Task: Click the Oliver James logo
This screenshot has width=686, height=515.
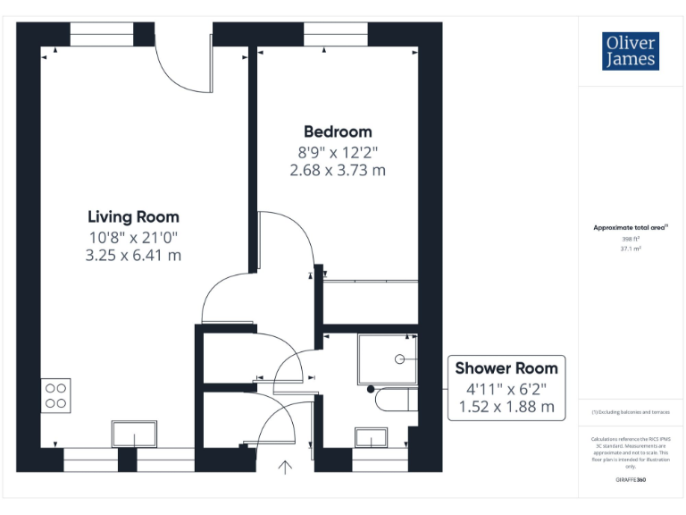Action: click(631, 51)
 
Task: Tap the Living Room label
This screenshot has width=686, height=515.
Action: click(133, 216)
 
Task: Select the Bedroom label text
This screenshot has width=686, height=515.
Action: click(338, 131)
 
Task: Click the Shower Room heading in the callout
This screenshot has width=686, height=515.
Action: click(506, 367)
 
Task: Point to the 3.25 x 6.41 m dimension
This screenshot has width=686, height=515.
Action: click(133, 255)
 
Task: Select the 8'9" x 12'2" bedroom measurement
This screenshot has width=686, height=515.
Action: click(338, 151)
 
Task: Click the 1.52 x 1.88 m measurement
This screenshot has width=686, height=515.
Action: click(506, 407)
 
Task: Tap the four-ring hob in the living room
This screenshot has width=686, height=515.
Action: click(56, 395)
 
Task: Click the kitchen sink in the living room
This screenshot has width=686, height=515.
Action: click(134, 435)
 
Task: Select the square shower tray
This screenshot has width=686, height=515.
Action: click(387, 358)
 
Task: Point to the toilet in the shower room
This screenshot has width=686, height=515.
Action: click(393, 399)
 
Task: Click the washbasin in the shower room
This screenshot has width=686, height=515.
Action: click(371, 437)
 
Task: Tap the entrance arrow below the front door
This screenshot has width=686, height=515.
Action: click(286, 466)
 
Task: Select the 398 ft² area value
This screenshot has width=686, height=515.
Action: click(631, 239)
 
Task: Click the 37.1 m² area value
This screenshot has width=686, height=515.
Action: click(631, 249)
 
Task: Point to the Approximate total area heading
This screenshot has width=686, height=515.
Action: click(631, 228)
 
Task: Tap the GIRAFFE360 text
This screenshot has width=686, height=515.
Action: click(631, 480)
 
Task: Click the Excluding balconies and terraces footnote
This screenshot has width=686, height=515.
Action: click(631, 411)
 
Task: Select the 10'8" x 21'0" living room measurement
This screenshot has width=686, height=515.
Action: click(133, 237)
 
